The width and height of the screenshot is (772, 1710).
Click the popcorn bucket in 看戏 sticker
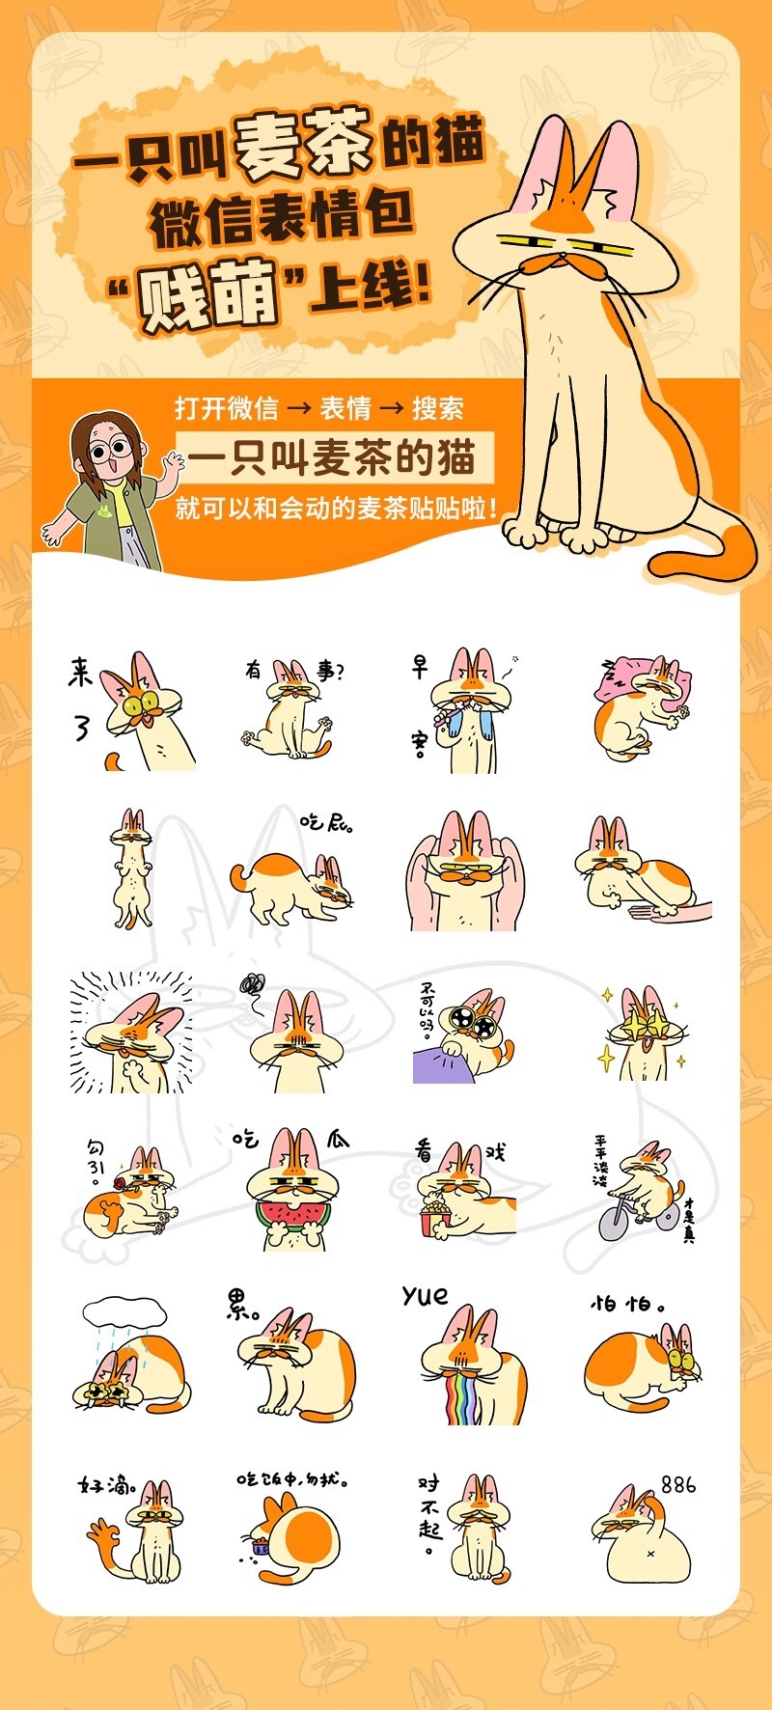[434, 1217]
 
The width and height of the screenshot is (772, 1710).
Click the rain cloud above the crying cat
[124, 1311]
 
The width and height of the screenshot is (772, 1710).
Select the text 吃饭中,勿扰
[292, 1479]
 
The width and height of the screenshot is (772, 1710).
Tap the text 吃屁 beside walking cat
[326, 823]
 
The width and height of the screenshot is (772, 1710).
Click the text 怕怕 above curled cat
[626, 1304]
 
